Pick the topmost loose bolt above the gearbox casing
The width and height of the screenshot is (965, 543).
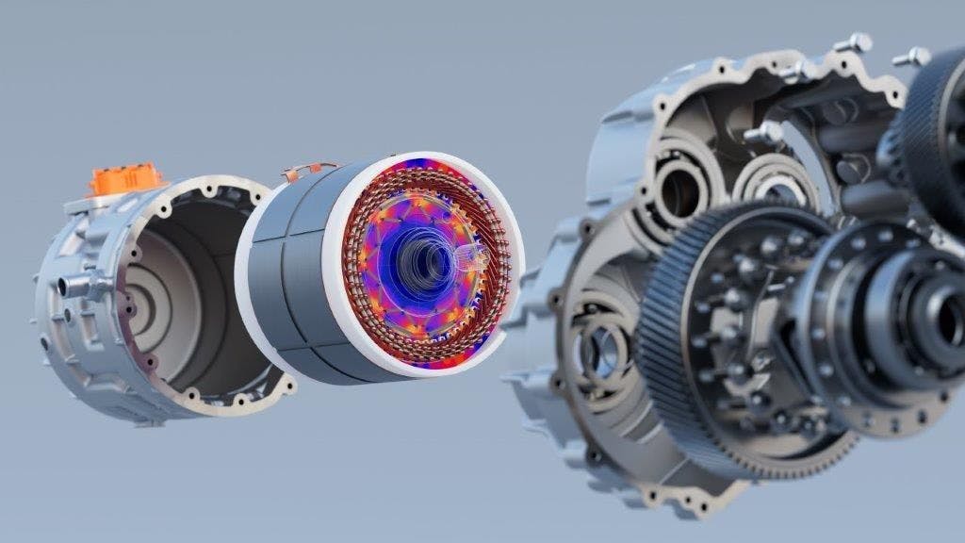pos(854,42)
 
